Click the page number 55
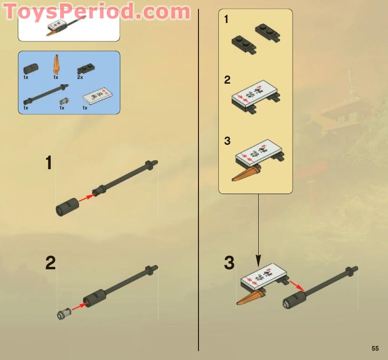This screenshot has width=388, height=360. pos(375,348)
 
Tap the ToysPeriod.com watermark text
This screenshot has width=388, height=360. pos(97,11)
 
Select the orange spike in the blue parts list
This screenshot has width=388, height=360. pos(56,63)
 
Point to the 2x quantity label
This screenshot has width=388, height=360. pos(80,77)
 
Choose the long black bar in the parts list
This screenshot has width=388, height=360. pos(46,93)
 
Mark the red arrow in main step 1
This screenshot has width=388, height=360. pos(85,198)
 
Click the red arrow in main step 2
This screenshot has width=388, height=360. pos(79,306)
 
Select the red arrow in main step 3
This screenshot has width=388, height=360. pos(296,285)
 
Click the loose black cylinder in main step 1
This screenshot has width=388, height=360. pos(66,207)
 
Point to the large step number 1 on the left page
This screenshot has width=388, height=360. pos(49,164)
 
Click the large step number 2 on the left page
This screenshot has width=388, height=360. pos(50,263)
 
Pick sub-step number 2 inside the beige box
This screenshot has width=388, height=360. pos(227,80)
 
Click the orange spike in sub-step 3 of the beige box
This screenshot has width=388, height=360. pos(246,173)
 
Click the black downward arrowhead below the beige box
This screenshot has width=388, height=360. pos(258,260)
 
